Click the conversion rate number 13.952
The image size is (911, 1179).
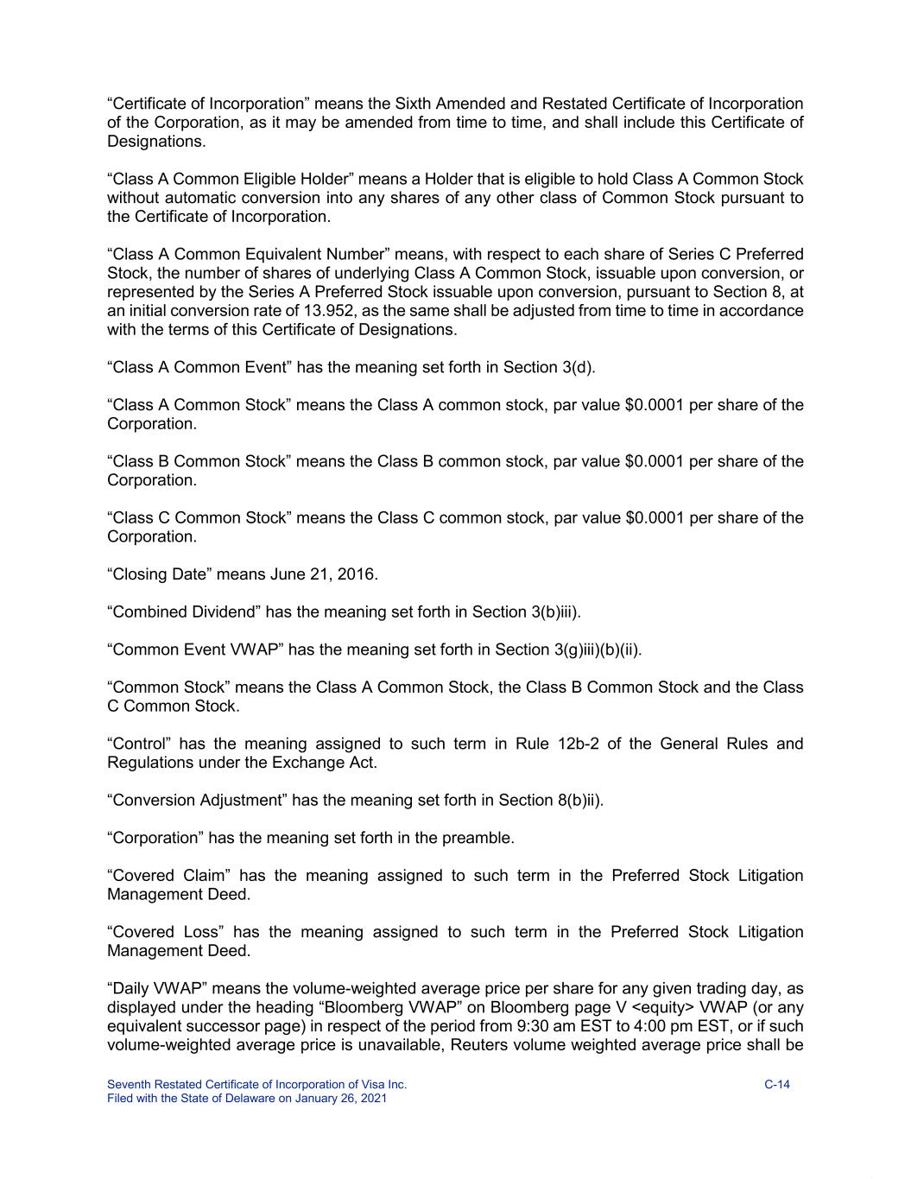click(x=288, y=311)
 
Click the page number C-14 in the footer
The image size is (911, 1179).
click(x=777, y=1085)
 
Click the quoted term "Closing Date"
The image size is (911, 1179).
click(x=158, y=574)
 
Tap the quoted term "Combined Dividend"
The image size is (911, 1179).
click(x=182, y=612)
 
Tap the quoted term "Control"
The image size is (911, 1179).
click(x=139, y=744)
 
